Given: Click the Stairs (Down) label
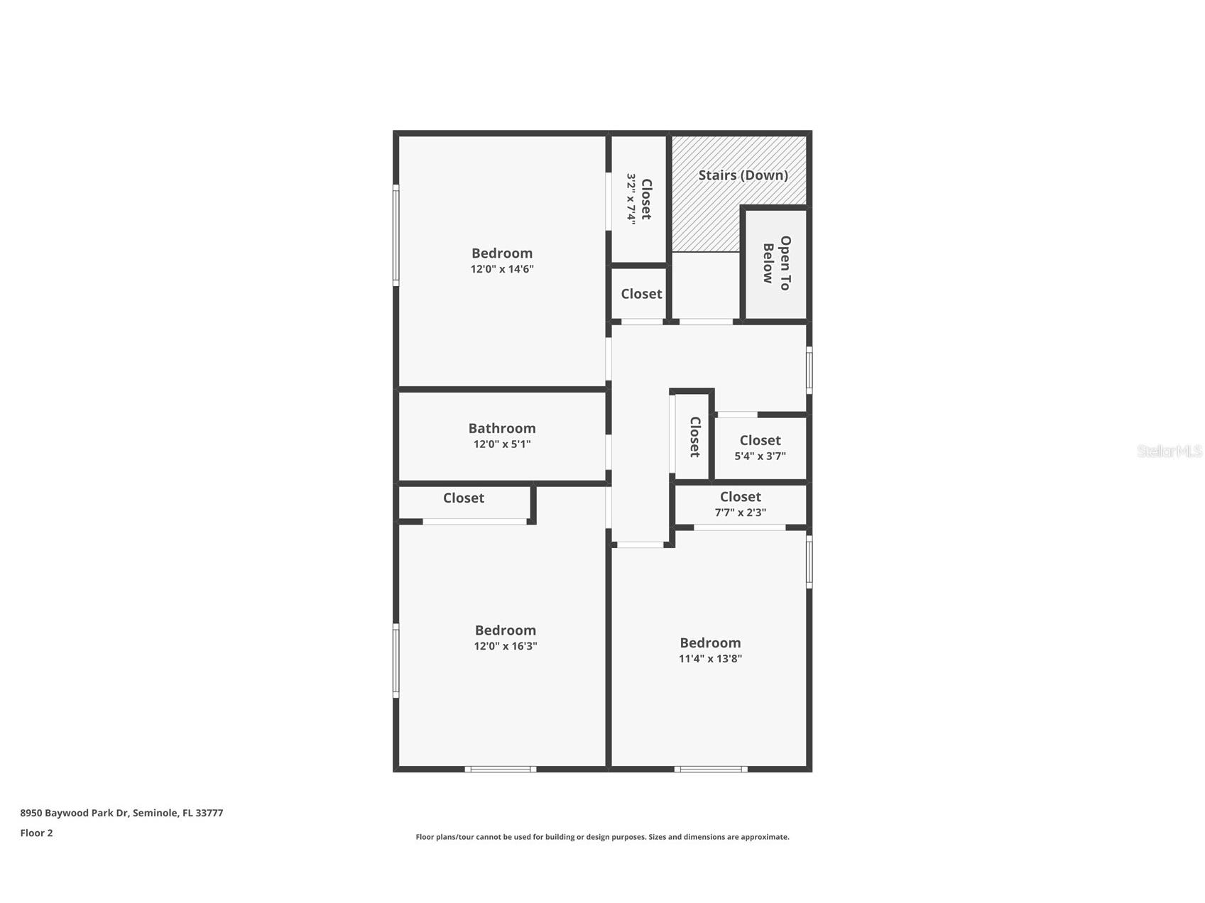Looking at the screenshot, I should [743, 175].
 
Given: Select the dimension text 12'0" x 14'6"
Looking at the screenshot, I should [502, 269].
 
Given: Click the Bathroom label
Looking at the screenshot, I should [502, 428].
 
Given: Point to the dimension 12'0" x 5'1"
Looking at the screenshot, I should [502, 444].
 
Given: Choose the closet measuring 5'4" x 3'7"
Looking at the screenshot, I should [760, 448].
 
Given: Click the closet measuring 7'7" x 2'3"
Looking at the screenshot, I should [740, 504].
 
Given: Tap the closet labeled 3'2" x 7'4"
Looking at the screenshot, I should [639, 199].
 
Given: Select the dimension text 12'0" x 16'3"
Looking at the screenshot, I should [506, 646].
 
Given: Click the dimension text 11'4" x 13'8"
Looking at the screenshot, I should [710, 659].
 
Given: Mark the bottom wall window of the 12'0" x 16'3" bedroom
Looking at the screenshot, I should [501, 769].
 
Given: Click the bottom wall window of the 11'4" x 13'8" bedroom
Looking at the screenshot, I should [710, 769].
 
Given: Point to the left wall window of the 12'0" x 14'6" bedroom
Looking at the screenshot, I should [396, 236].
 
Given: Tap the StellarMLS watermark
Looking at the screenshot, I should [1169, 451].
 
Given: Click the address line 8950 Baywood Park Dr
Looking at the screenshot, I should [121, 813].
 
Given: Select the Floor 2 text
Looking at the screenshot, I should [36, 833].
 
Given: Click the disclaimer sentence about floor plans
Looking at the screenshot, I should [602, 837].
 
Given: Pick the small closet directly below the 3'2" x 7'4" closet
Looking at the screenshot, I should [641, 294].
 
